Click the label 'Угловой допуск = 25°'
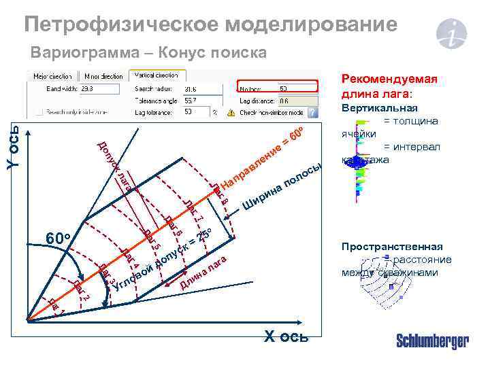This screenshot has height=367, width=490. tap(163, 258)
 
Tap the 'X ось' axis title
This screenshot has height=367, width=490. tap(285, 336)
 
